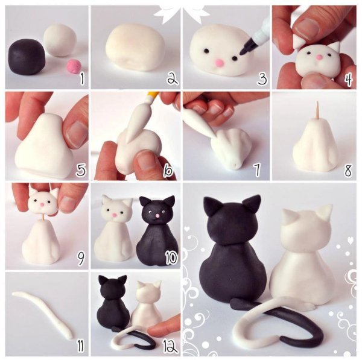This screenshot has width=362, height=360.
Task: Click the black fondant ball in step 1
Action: coord(27,57)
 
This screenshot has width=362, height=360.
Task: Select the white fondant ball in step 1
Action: coord(60,40)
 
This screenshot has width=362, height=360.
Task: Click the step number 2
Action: coord(173,78)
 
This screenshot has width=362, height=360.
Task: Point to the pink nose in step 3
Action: coord(219,63)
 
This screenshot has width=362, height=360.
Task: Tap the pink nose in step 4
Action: coord(319,57)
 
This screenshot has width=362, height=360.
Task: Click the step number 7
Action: coord(257,169)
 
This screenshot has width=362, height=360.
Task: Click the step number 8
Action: coord(348,171)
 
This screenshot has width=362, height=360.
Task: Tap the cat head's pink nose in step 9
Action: coord(42,204)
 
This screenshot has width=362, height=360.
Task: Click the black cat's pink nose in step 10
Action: coord(157,216)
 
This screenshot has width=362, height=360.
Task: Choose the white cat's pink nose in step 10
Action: coord(114,215)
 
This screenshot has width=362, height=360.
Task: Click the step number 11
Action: coord(81,346)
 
